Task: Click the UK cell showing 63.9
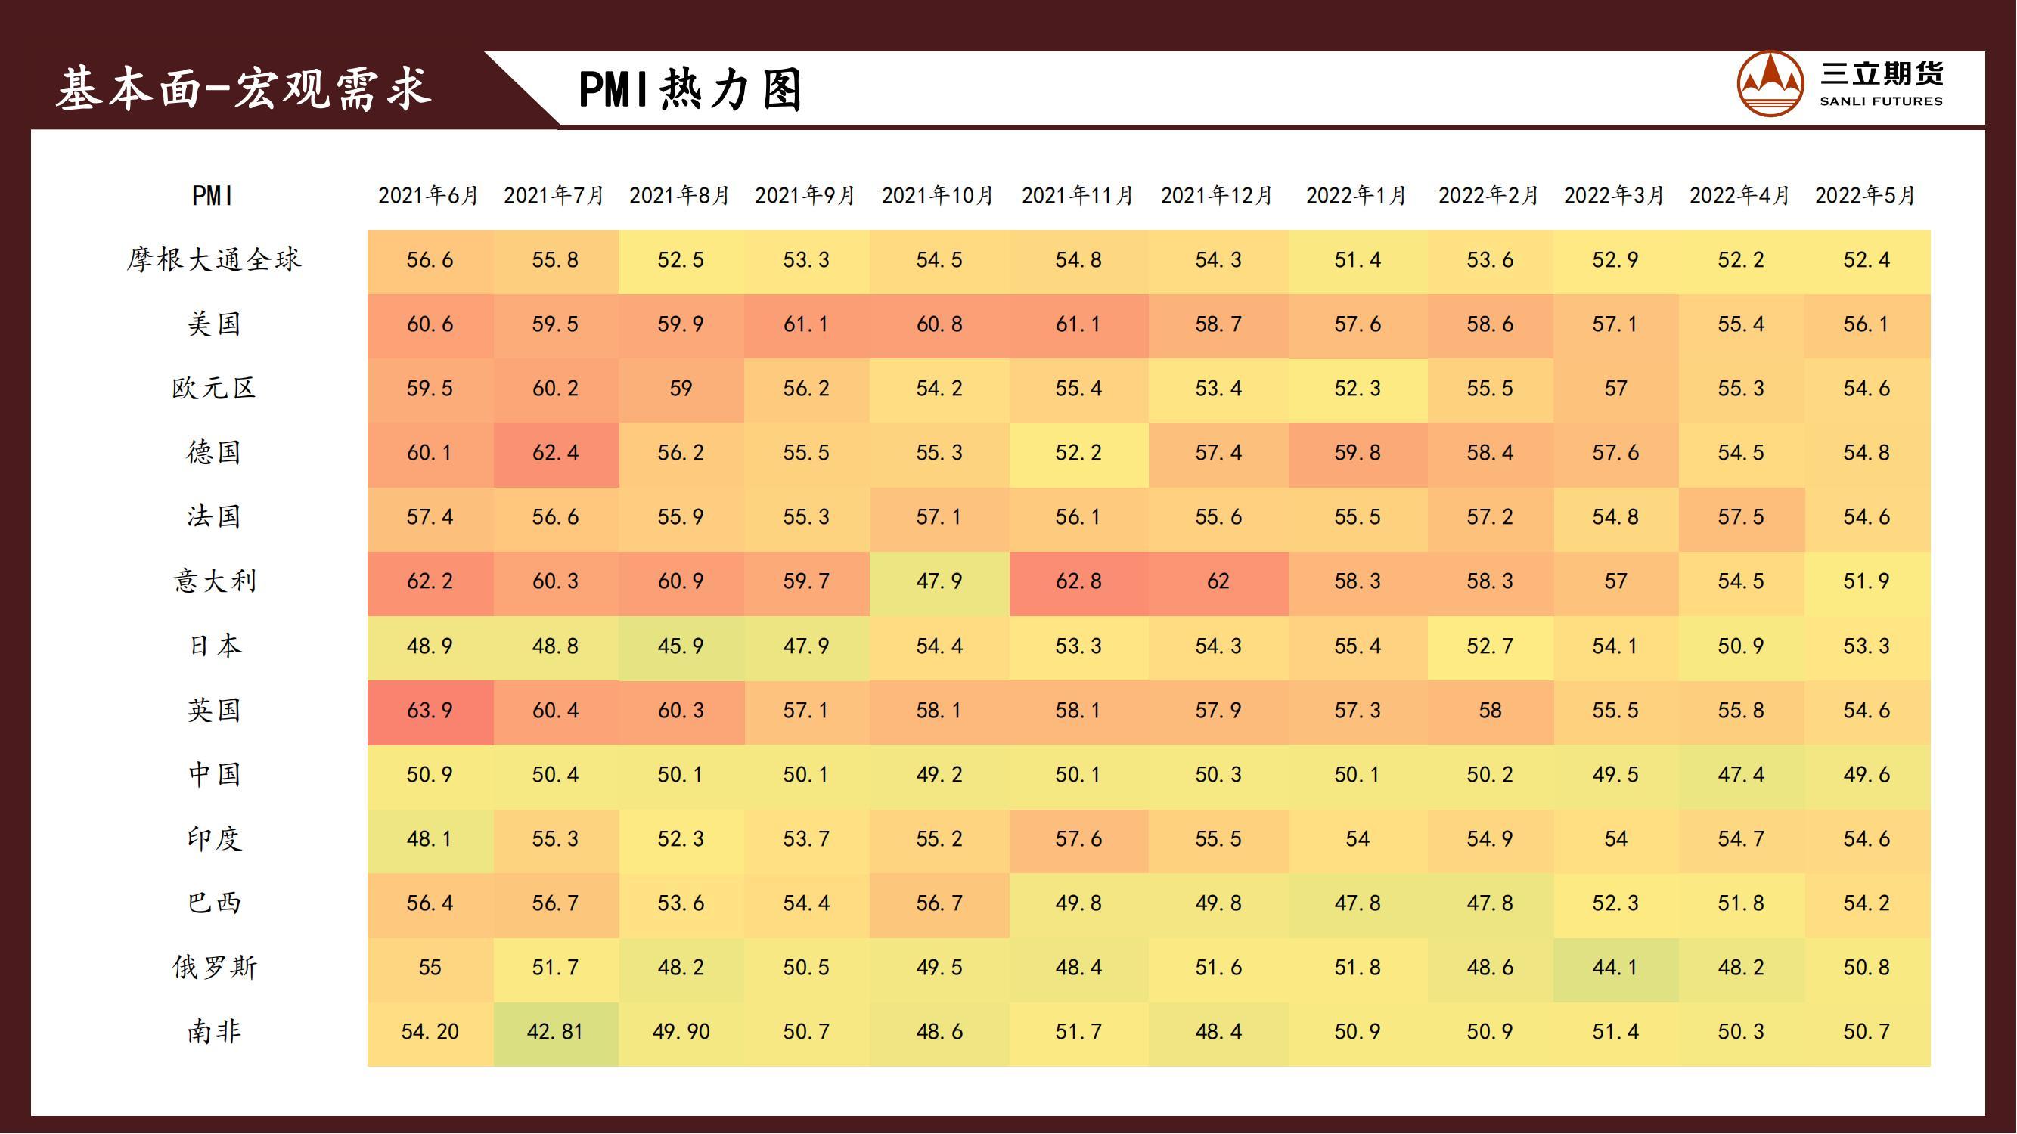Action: tap(430, 711)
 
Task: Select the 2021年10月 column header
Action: tap(937, 195)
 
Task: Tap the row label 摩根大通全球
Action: tap(214, 260)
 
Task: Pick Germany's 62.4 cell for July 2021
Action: tap(555, 453)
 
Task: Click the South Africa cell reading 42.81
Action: tap(555, 1032)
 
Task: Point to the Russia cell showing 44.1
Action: tap(1615, 968)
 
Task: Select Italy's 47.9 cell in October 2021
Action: tap(939, 581)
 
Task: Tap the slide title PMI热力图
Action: tap(690, 89)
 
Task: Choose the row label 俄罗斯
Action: tap(214, 968)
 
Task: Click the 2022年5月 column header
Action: tap(1865, 195)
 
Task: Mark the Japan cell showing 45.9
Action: tap(681, 646)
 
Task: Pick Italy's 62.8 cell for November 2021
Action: tap(1078, 581)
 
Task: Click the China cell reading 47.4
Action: tap(1741, 775)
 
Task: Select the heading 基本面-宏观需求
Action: tap(244, 88)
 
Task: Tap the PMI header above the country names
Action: tap(213, 196)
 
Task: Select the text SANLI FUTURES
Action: tap(1881, 101)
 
